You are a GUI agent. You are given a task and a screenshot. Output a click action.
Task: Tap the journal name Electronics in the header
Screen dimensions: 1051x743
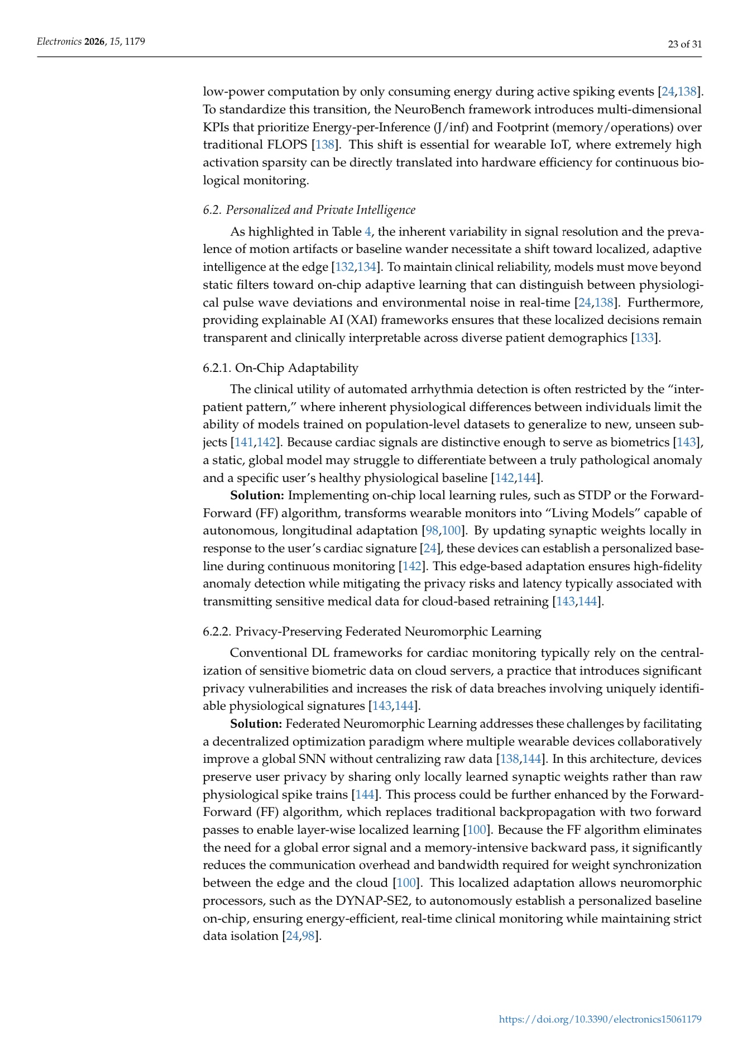point(59,41)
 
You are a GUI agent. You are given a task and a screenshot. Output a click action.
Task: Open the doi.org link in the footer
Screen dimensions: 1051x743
point(600,1019)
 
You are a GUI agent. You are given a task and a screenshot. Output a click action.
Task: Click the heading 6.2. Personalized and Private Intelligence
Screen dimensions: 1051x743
point(309,210)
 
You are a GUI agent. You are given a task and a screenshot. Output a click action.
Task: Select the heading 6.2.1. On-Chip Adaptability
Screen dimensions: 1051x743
point(280,367)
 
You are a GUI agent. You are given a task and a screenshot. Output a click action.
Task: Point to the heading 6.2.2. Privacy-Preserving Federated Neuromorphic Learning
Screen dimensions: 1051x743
point(372,632)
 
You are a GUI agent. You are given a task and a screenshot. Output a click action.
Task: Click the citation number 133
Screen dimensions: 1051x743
point(644,338)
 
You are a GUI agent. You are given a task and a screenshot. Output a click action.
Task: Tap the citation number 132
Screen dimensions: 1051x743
point(344,267)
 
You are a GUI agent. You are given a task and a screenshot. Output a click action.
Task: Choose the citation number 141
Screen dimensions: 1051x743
point(244,442)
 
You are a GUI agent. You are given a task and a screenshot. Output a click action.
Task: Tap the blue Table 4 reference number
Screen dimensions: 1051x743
point(367,232)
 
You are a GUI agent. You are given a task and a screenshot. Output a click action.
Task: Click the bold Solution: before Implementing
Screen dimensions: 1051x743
point(257,495)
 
